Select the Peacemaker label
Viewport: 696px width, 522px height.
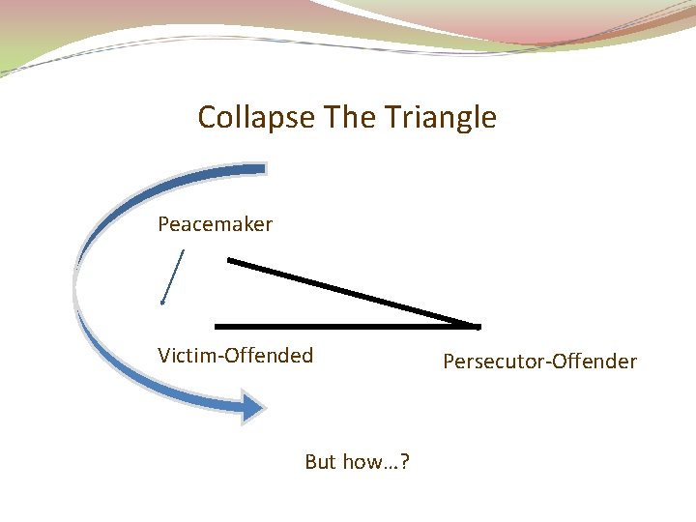pos(216,224)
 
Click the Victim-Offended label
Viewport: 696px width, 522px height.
pos(236,355)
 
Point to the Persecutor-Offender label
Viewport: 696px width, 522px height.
pos(539,362)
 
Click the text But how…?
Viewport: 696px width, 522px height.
pos(357,462)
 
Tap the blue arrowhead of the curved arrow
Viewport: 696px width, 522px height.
pos(252,407)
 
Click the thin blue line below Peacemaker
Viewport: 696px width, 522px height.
pos(173,276)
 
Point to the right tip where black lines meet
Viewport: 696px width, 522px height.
pos(477,326)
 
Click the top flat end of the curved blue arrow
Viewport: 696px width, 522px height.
pos(259,169)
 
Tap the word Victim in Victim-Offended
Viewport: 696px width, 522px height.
pos(188,355)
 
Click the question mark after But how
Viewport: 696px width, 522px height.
pos(404,462)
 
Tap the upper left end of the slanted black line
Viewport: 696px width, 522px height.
pos(230,259)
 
